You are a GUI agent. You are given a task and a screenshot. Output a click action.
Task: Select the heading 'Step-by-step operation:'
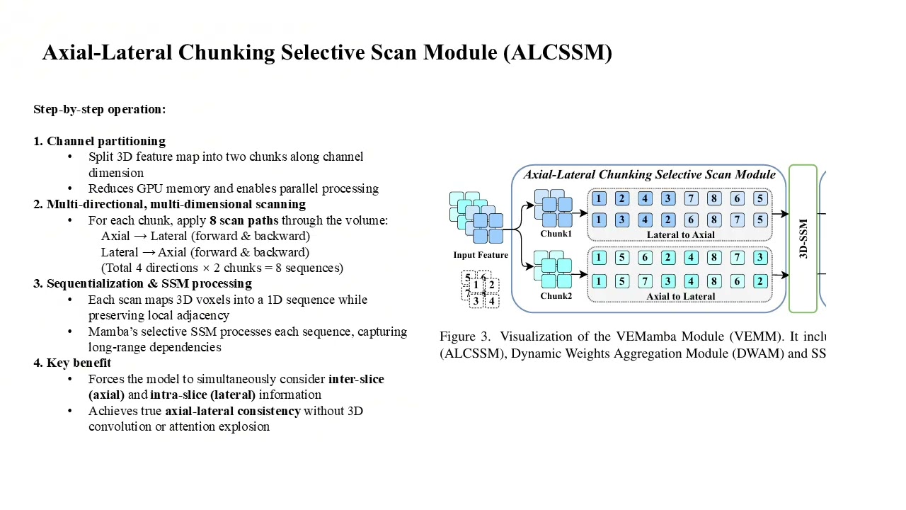click(x=100, y=109)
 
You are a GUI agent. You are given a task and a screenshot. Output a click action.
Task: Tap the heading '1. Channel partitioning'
click(x=100, y=141)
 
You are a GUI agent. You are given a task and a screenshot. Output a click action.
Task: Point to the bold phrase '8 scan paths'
click(x=244, y=220)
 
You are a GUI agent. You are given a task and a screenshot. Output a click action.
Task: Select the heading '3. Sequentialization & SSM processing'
click(x=143, y=283)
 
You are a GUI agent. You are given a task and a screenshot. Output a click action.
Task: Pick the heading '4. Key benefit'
click(x=72, y=363)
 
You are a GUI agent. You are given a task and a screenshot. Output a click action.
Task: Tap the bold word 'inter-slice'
click(x=356, y=379)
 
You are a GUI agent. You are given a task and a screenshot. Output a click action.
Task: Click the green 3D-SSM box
click(x=803, y=239)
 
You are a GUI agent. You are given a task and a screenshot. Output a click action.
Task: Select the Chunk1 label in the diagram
click(x=556, y=234)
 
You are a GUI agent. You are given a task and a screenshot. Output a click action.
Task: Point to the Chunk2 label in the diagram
click(x=556, y=296)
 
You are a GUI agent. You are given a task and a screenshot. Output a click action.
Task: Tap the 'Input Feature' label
click(x=481, y=255)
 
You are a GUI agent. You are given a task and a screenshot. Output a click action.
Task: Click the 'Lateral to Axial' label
click(x=681, y=234)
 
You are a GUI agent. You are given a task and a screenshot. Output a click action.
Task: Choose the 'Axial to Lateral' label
click(x=681, y=296)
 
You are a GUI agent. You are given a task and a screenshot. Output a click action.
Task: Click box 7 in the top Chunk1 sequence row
click(x=692, y=198)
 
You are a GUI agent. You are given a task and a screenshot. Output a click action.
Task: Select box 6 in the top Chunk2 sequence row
click(x=645, y=257)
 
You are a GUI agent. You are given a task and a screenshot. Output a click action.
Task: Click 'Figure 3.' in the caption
click(x=465, y=336)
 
